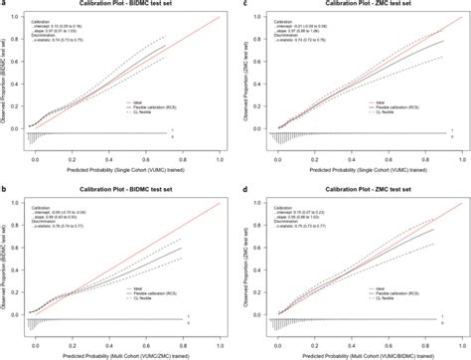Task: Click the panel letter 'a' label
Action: pyautogui.click(x=5, y=5)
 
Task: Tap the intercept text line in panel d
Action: pyautogui.click(x=300, y=211)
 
